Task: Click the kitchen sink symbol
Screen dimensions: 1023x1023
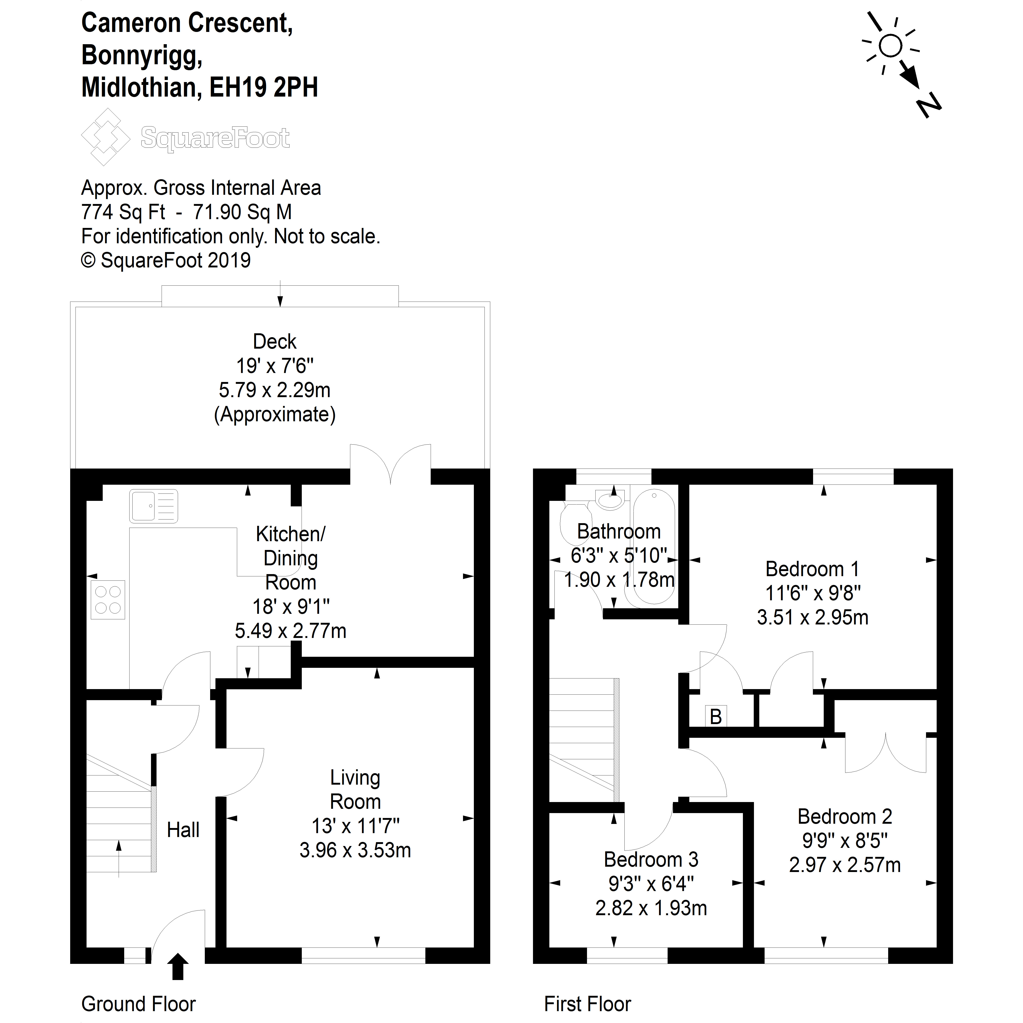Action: pos(154,506)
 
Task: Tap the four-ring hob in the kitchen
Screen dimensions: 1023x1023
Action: pos(108,600)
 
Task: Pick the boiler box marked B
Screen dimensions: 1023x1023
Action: pos(716,717)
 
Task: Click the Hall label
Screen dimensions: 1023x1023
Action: pos(183,830)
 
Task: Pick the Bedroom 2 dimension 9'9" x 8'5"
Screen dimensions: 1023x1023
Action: pos(845,840)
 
